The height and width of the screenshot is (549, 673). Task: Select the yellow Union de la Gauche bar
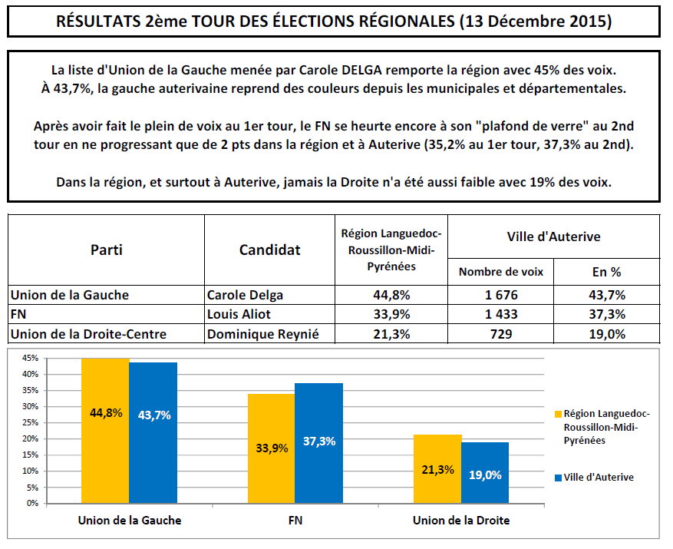tap(105, 431)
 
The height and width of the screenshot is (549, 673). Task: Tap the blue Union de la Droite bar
tap(485, 473)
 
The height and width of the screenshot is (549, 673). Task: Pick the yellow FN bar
tap(271, 448)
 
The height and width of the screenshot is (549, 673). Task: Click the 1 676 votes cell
tap(501, 295)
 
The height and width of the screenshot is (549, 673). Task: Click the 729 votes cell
tap(501, 333)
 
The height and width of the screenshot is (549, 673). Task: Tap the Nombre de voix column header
tap(501, 271)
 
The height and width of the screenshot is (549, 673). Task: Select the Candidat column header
tap(270, 250)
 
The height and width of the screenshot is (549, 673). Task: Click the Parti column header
tap(107, 250)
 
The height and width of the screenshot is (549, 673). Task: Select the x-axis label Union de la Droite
tap(460, 521)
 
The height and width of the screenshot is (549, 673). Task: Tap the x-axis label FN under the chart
tap(295, 521)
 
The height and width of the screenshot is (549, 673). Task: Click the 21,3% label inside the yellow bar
tap(438, 470)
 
